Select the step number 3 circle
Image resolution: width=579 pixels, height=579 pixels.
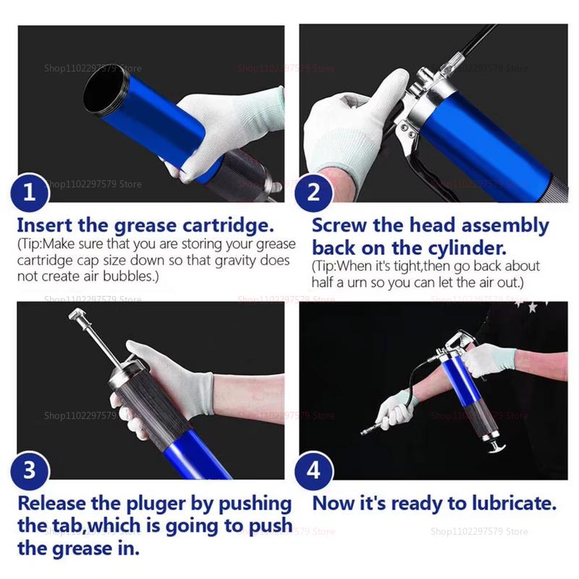point(30,471)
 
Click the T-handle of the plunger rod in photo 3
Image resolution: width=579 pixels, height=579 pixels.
point(78,316)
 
